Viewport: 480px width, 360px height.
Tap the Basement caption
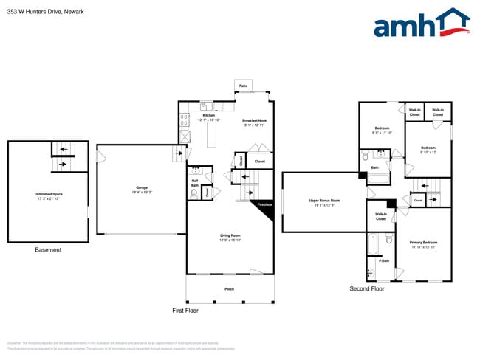tap(49, 250)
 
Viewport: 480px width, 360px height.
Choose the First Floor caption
tap(185, 311)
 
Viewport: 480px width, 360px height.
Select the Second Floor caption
tap(367, 289)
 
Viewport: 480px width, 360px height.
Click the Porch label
tap(229, 288)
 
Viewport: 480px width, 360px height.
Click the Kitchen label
tap(209, 116)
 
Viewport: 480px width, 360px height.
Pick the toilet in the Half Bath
tap(194, 193)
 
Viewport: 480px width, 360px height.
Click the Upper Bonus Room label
tap(324, 201)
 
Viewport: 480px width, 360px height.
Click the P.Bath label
tap(384, 260)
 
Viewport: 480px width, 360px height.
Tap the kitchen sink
tap(207, 106)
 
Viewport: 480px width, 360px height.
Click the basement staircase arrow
tap(64, 148)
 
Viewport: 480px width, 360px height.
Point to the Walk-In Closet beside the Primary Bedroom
tap(381, 217)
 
